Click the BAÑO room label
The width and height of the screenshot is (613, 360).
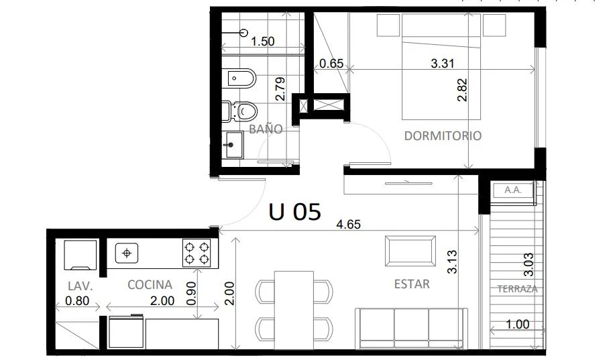tap(266, 129)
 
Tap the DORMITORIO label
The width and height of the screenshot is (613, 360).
tap(443, 135)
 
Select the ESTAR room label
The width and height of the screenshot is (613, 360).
tap(412, 284)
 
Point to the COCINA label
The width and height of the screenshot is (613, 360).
tap(150, 284)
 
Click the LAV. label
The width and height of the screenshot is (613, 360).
tap(80, 286)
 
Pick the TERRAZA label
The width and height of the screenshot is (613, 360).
tap(517, 289)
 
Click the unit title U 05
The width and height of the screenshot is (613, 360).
tap(295, 212)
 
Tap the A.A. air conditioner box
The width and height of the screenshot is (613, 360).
tap(513, 190)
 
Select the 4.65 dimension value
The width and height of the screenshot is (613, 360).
tap(348, 225)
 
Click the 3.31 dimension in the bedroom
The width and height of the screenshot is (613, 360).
tap(443, 63)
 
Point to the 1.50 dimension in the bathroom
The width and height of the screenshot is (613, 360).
tap(263, 42)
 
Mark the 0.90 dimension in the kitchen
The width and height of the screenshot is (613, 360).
tap(192, 294)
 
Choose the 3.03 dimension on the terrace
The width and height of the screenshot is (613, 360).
tap(528, 265)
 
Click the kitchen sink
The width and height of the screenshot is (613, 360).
tap(127, 253)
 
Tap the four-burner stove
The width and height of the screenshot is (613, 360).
tap(197, 253)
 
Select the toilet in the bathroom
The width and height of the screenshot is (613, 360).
tap(239, 111)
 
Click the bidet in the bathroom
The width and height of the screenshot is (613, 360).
tap(241, 78)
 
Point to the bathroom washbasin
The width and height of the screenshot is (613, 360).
tap(233, 145)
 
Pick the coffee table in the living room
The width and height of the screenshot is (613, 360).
tap(410, 251)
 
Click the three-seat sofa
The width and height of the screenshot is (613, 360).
tap(412, 328)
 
